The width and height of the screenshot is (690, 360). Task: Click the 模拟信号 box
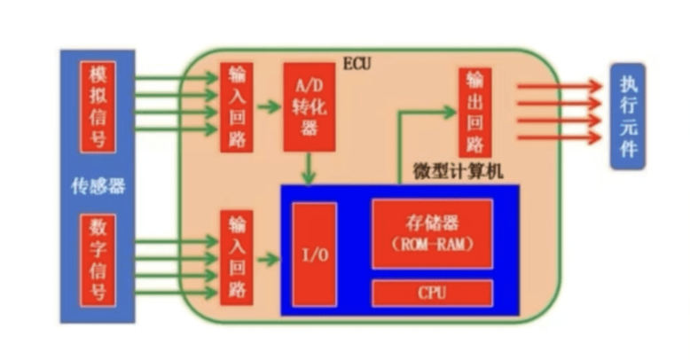(98, 106)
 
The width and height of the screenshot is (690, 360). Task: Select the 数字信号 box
(98, 259)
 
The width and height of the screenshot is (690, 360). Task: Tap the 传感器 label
(98, 186)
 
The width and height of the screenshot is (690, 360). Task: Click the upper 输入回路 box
(237, 107)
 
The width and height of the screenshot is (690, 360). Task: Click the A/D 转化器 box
(310, 106)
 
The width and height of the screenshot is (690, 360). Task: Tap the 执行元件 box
(628, 116)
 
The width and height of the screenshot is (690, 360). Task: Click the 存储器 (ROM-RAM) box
(432, 233)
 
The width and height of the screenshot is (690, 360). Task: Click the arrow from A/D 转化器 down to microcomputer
(309, 168)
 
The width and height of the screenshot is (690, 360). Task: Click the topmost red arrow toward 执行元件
(559, 86)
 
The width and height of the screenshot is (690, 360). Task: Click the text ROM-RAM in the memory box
(432, 243)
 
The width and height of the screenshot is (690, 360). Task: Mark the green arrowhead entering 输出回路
(451, 112)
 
